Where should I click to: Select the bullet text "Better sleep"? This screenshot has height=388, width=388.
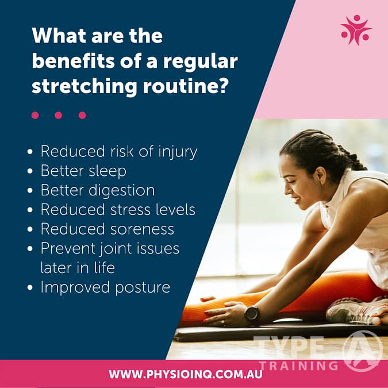83,171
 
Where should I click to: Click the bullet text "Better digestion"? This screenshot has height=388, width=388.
97,190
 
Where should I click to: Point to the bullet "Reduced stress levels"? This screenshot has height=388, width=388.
117,209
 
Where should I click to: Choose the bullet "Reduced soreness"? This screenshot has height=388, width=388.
107,229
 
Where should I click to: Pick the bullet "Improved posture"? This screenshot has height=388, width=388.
105,287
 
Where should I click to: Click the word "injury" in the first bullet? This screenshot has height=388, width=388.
177,152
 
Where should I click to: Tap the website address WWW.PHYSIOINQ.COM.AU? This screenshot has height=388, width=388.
193,374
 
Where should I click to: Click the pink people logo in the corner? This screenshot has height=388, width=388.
355,30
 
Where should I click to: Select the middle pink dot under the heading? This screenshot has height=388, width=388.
58,115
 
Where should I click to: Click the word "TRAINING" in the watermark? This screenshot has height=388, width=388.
298,364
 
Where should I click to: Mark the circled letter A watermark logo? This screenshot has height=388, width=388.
362,349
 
